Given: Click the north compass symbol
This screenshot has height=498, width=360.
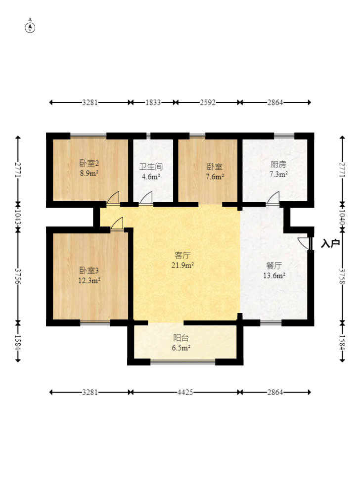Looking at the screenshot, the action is pos(30,28).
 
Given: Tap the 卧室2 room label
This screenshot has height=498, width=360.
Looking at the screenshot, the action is pos(89,163).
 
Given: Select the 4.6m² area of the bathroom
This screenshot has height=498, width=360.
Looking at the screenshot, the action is pos(151,177).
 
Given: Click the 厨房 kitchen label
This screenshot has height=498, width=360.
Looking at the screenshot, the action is pos(278,164).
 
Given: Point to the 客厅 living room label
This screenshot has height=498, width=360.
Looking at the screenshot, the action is pos(182,255).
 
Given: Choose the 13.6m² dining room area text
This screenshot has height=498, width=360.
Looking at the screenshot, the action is pos(274,275).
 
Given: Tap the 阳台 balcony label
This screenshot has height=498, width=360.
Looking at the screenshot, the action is pos(181,338).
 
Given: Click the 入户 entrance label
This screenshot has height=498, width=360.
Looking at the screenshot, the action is pos(330,243).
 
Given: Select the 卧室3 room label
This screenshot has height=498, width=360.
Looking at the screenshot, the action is pos(89,271).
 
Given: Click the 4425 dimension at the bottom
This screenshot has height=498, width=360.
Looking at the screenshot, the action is pos(185,392).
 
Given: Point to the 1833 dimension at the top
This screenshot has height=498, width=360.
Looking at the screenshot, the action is pos(153,102).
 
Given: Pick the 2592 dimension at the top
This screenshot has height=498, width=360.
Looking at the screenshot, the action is pos(208,102).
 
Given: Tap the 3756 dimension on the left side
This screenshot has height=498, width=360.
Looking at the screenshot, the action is pos(18,276).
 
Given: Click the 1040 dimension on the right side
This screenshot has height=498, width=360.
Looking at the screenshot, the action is pos(342,217).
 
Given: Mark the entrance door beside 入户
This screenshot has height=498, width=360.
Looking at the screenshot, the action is pos(304,243).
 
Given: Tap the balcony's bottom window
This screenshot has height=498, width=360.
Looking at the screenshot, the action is pos(183,362).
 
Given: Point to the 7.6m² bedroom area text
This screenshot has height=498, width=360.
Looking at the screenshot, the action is pos(215,177).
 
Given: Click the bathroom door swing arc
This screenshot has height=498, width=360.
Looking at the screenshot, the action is pos(146,197).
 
